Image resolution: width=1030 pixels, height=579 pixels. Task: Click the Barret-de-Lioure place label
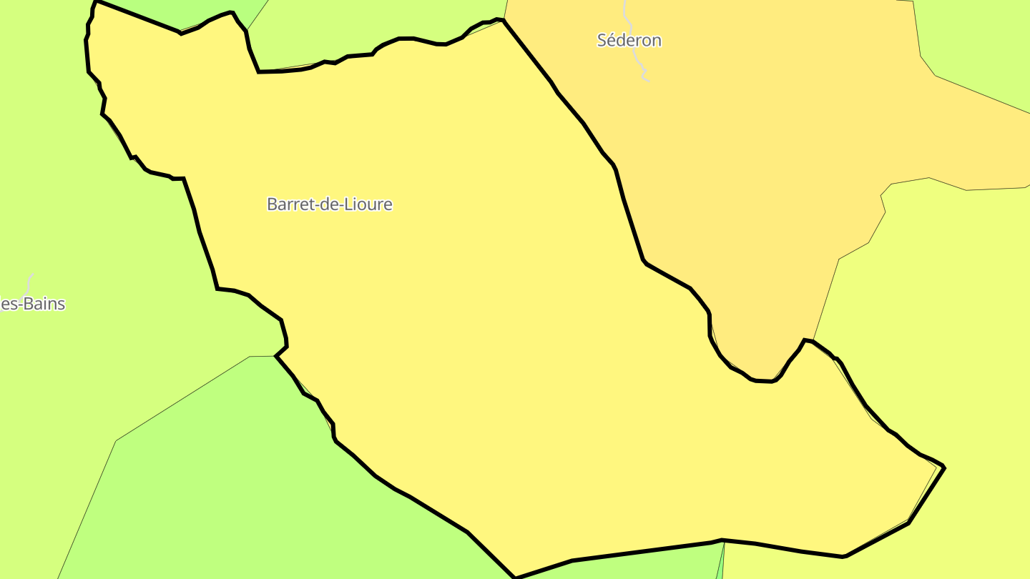click(x=329, y=204)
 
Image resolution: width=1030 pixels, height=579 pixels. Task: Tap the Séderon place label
click(x=629, y=41)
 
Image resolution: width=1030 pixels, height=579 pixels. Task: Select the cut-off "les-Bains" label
click(x=33, y=305)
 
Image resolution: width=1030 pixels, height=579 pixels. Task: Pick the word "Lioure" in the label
click(x=369, y=204)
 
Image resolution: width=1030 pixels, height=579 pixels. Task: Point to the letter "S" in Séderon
click(x=603, y=41)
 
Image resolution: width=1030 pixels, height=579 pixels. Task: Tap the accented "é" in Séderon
click(x=613, y=41)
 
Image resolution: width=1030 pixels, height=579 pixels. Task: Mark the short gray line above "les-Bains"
click(x=30, y=280)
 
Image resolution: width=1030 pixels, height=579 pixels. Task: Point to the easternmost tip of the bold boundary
click(x=944, y=467)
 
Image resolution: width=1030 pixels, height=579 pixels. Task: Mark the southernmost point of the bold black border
click(x=515, y=577)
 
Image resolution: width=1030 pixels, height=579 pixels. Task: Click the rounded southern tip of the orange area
click(x=764, y=380)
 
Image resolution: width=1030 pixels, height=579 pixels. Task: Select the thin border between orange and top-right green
click(x=980, y=94)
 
